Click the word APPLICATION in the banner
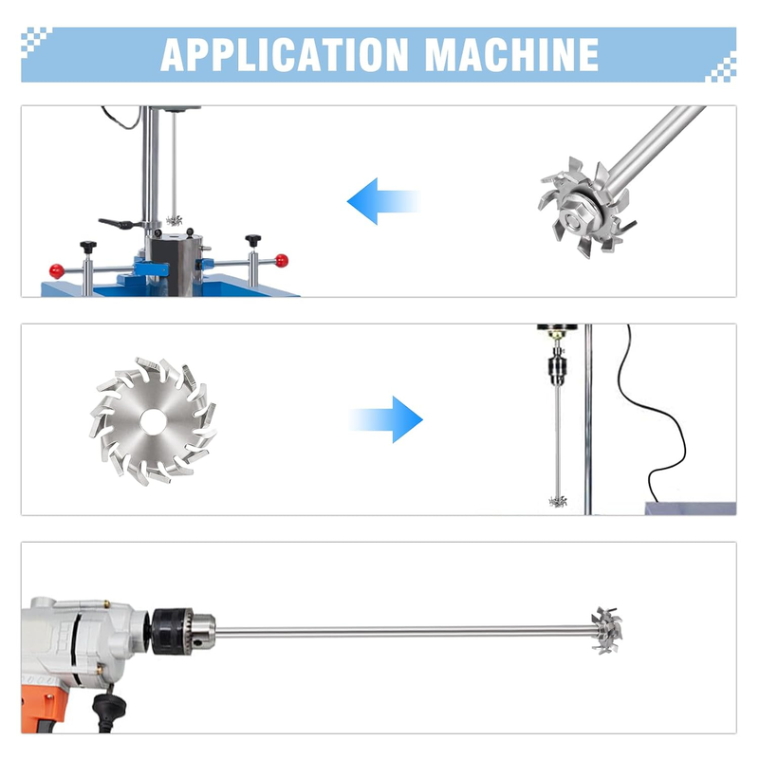[x=285, y=55]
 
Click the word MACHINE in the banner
[x=512, y=55]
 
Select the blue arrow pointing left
[x=383, y=201]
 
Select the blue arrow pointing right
[x=386, y=419]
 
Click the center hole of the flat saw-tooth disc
[x=154, y=421]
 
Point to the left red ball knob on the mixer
[x=57, y=270]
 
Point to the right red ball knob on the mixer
[x=281, y=261]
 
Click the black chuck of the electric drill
[x=173, y=632]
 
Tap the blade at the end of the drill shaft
[x=607, y=631]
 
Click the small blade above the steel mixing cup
[x=175, y=221]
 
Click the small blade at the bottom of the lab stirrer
[x=558, y=502]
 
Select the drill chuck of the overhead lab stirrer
[x=557, y=368]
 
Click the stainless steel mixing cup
[x=176, y=264]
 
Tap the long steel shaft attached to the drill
[x=402, y=632]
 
